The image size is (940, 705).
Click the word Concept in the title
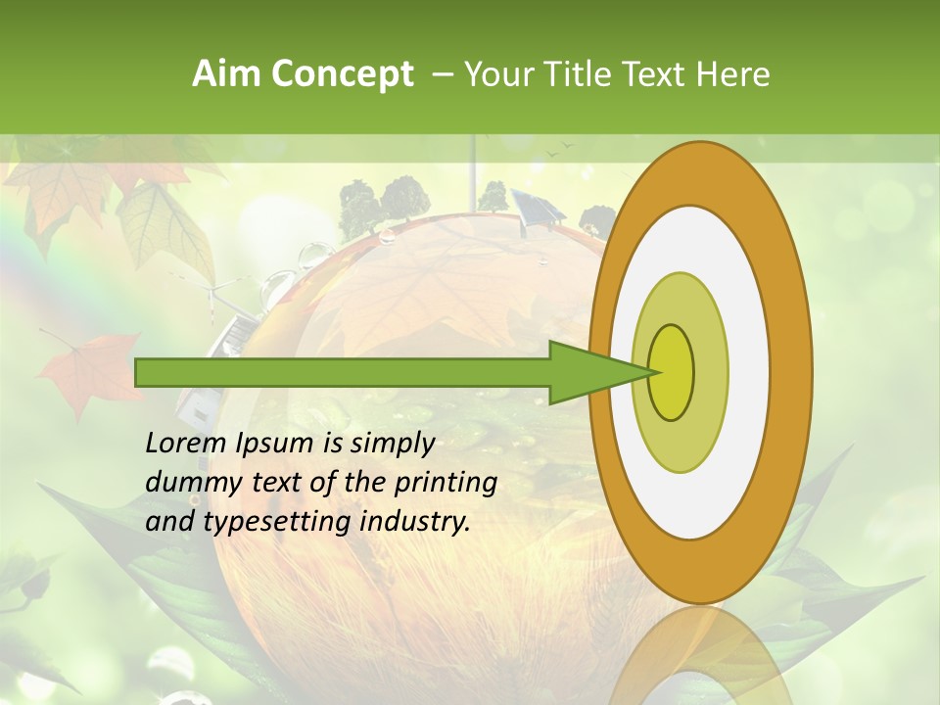coord(340,74)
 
